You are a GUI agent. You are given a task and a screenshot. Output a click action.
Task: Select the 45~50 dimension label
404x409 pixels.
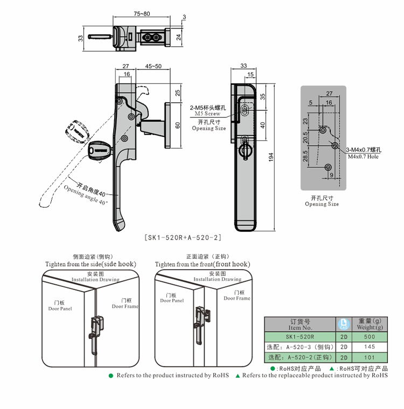tap(153, 66)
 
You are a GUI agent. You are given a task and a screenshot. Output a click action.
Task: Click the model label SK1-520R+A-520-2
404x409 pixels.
tap(183, 237)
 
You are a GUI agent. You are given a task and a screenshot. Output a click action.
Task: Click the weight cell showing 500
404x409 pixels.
tap(369, 337)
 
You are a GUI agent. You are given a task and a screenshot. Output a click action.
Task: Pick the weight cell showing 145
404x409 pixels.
tap(369, 347)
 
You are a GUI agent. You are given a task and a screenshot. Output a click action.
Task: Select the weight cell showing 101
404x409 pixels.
tap(369, 357)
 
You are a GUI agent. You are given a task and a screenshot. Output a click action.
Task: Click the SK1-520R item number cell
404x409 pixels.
tap(300, 337)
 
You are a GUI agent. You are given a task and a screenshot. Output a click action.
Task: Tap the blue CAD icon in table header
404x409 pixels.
tap(343, 324)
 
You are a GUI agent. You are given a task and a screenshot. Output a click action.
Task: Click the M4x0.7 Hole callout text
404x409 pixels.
tap(363, 156)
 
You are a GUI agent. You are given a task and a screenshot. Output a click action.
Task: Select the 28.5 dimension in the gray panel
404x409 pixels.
tap(305, 156)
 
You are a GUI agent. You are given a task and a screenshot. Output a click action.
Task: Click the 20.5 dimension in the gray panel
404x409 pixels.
tap(305, 137)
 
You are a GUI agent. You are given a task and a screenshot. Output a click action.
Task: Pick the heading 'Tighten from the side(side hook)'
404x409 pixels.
tap(90, 264)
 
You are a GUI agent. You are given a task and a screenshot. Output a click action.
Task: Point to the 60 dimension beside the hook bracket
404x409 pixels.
tap(178, 125)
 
